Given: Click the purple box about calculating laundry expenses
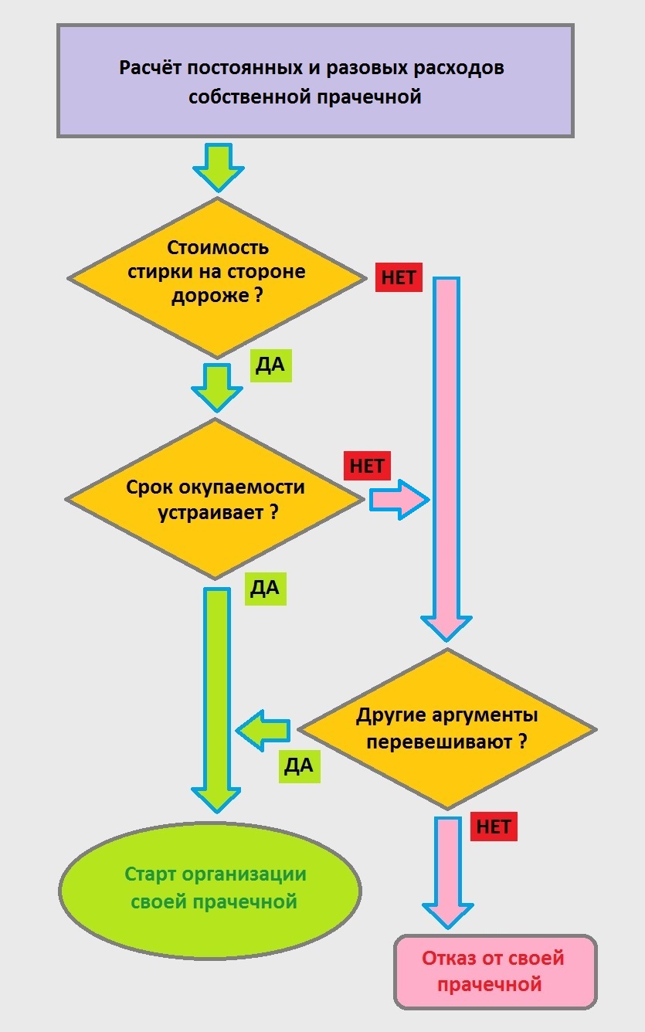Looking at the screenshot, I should pos(315,80).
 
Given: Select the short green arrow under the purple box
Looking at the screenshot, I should pos(219,166).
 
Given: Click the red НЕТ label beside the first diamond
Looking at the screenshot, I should pos(399,277).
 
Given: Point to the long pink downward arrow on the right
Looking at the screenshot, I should pos(446,456).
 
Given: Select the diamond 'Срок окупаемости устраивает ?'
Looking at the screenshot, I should pos(215,500).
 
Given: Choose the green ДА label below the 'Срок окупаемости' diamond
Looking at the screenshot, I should pos(265,589).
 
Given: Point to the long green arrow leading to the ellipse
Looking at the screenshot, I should pos(217,695).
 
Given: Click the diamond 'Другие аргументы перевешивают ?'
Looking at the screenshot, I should pos(447,728).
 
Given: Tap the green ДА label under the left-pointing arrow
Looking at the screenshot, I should pos(298,766).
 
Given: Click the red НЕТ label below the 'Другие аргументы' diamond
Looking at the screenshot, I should pos(493,826).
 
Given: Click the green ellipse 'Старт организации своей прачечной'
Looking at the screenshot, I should pos(210,888).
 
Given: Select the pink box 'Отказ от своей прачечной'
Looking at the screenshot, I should pos(495,971).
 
